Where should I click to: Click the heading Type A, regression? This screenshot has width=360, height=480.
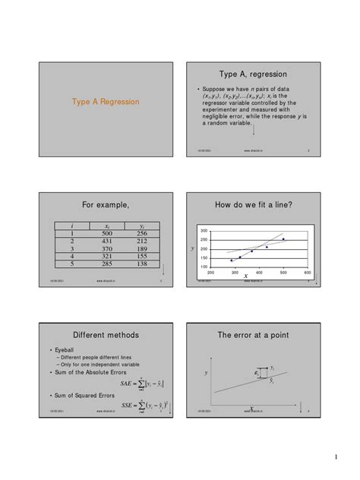pos(254,74)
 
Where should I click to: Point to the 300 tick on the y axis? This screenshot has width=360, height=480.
pos(204,230)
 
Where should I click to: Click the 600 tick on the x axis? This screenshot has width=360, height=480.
pos(307,273)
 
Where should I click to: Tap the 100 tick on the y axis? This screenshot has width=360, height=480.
pos(204,267)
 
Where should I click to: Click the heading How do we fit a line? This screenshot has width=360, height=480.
pos(254,204)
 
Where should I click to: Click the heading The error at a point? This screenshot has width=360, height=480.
pos(254,334)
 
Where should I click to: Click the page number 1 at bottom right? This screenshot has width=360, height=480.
pos(335,456)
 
